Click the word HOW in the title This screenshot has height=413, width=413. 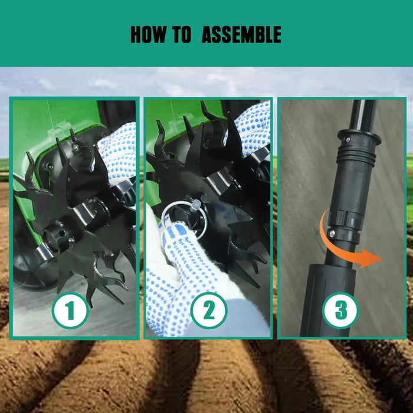pyautogui.click(x=149, y=34)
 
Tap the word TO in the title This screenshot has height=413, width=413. pyautogui.click(x=182, y=34)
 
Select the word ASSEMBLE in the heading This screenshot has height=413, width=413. pyautogui.click(x=241, y=34)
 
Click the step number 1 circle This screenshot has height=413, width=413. pyautogui.click(x=70, y=310)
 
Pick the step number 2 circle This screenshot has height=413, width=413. pyautogui.click(x=209, y=310)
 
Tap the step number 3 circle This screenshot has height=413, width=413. pyautogui.click(x=340, y=310)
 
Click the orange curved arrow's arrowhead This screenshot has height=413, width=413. pyautogui.click(x=371, y=258)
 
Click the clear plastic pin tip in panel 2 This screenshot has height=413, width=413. pyautogui.click(x=196, y=205)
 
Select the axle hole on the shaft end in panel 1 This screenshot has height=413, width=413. pyautogui.click(x=62, y=233)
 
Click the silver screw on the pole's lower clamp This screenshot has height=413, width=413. pyautogui.click(x=332, y=233)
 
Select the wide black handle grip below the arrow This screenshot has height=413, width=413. pyautogui.click(x=328, y=300)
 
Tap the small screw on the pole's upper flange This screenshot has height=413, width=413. pyautogui.click(x=348, y=139)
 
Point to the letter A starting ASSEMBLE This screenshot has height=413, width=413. pyautogui.click(x=208, y=34)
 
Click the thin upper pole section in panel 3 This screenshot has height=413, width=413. pyautogui.click(x=364, y=115)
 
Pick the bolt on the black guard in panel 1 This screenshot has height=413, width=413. pyautogui.click(x=49, y=166)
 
